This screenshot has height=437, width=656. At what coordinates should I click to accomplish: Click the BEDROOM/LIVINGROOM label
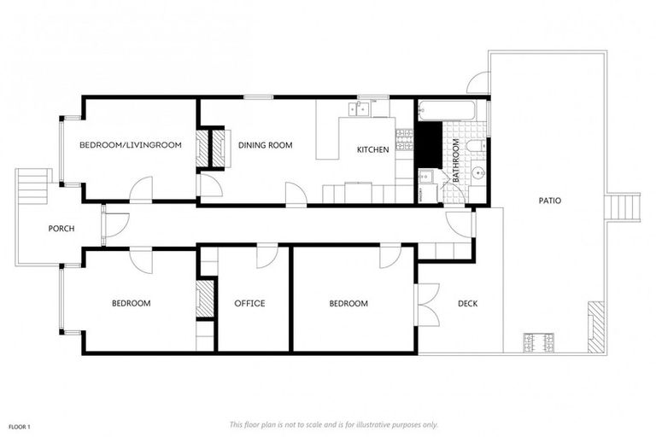(x=131, y=145)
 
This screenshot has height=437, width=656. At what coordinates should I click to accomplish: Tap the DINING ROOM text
(x=265, y=145)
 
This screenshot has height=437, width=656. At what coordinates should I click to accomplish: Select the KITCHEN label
(x=372, y=149)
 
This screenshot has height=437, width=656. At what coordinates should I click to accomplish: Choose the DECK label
(x=467, y=303)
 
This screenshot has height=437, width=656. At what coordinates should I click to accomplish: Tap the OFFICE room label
(x=249, y=303)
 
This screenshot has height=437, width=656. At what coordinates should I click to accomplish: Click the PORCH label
(x=61, y=228)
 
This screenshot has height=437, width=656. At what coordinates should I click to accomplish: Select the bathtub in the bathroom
(x=446, y=110)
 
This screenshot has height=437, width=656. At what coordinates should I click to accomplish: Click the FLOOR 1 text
(x=20, y=426)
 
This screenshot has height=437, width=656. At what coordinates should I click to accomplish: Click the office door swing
(x=268, y=255)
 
